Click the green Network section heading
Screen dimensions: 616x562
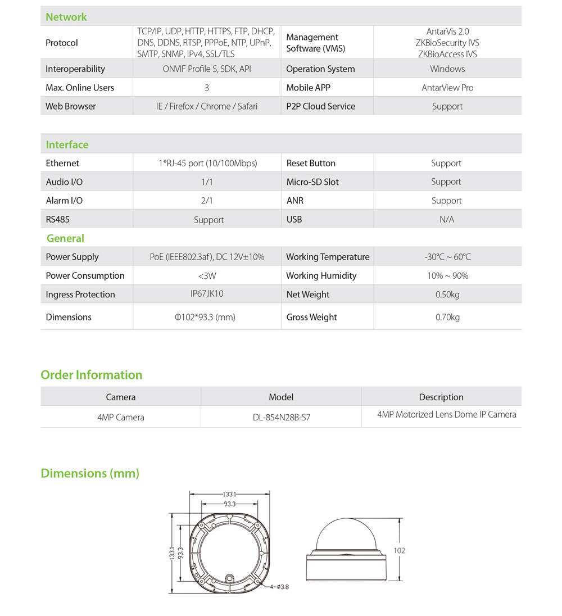[66, 17]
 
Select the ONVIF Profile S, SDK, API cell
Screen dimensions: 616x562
[206, 69]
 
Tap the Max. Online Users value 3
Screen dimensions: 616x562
[207, 88]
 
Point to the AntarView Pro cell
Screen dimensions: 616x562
[447, 88]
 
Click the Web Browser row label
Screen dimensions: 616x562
[71, 106]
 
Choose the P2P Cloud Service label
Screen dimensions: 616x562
[320, 106]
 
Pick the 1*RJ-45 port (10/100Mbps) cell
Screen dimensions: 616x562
[208, 164]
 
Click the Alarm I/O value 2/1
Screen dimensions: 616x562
[207, 201]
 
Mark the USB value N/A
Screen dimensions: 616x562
[447, 220]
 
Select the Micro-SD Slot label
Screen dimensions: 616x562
[312, 182]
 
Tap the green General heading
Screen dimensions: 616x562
[65, 238]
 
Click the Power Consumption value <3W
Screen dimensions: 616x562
[207, 276]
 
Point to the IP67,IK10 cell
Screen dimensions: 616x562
[207, 294]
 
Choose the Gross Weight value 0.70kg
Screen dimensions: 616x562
[447, 318]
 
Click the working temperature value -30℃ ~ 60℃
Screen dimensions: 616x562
[447, 257]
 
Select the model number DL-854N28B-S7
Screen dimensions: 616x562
[281, 418]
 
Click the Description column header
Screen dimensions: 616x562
[441, 397]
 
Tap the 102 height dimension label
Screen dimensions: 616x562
[399, 551]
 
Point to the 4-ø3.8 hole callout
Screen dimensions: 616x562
[279, 587]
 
